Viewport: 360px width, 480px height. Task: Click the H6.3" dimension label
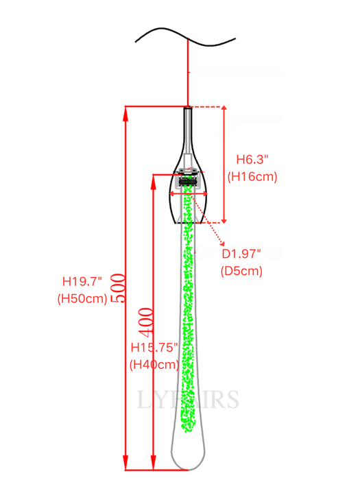point(252,159)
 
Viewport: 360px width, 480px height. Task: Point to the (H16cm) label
point(252,176)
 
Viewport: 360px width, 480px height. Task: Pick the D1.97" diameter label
point(241,254)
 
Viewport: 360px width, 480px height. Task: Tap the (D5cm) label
point(241,270)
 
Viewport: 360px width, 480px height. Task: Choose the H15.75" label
point(155,348)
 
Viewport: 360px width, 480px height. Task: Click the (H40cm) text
point(154,365)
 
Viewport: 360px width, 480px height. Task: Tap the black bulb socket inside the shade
point(187,182)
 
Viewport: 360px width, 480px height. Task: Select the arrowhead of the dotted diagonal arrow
point(224,244)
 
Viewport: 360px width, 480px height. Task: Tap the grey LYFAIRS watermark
point(189,399)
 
